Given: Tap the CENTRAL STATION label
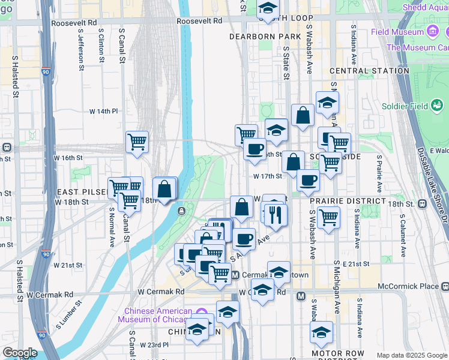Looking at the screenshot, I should [x=369, y=71].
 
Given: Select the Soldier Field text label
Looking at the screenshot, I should [x=405, y=106].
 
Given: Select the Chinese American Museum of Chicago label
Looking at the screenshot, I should [x=158, y=315].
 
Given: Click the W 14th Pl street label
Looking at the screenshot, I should [x=103, y=112].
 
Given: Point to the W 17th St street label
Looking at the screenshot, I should [x=268, y=176].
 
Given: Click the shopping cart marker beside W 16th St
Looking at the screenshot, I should [x=137, y=143].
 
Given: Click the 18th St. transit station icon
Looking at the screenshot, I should [x=423, y=204].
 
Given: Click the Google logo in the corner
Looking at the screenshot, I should [x=20, y=353].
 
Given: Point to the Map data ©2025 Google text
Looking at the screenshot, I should [x=411, y=355].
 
